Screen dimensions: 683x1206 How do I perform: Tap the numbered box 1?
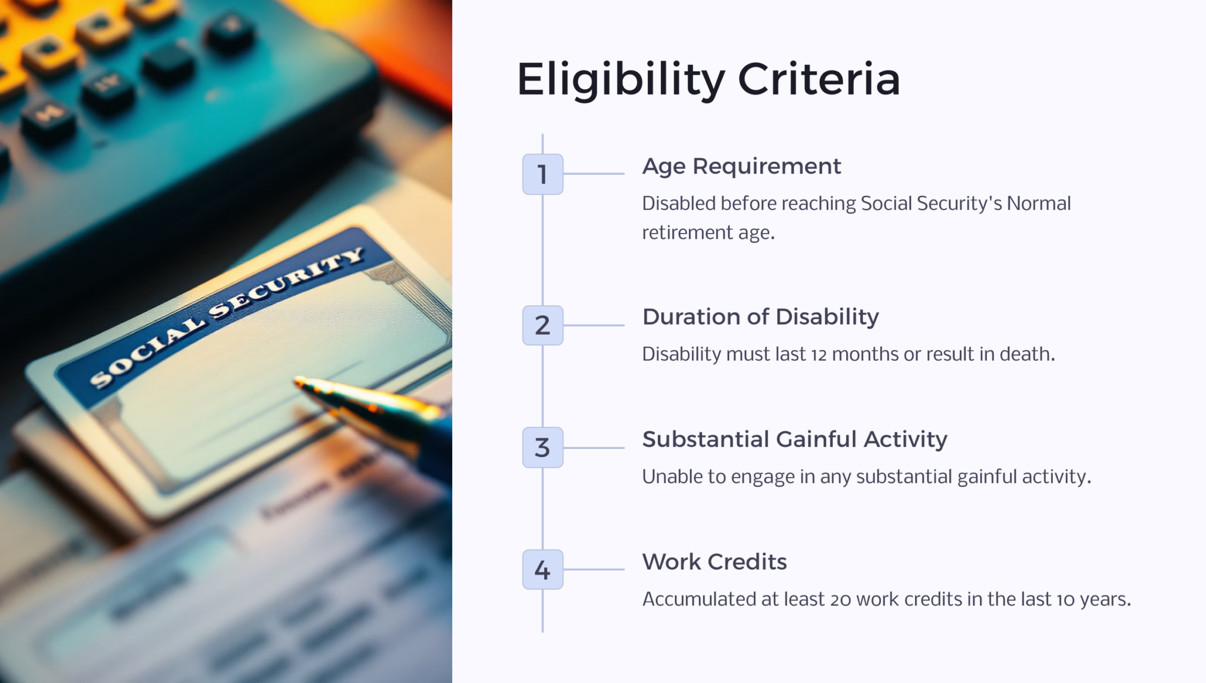(542, 174)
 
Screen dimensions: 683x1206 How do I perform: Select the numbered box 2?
(542, 325)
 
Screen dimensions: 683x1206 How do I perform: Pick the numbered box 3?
(542, 448)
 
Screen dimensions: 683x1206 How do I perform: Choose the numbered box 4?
(542, 569)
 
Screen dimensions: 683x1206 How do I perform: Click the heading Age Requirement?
(741, 166)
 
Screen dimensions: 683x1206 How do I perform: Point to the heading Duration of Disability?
(760, 317)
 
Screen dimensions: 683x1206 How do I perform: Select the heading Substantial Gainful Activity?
(794, 439)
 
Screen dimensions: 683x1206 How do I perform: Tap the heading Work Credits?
(714, 562)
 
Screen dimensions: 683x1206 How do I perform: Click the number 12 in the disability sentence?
(819, 355)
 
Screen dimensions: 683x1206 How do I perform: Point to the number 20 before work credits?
(840, 599)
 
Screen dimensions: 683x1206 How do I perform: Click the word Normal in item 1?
(1039, 204)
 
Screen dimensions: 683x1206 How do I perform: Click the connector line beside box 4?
(594, 569)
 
